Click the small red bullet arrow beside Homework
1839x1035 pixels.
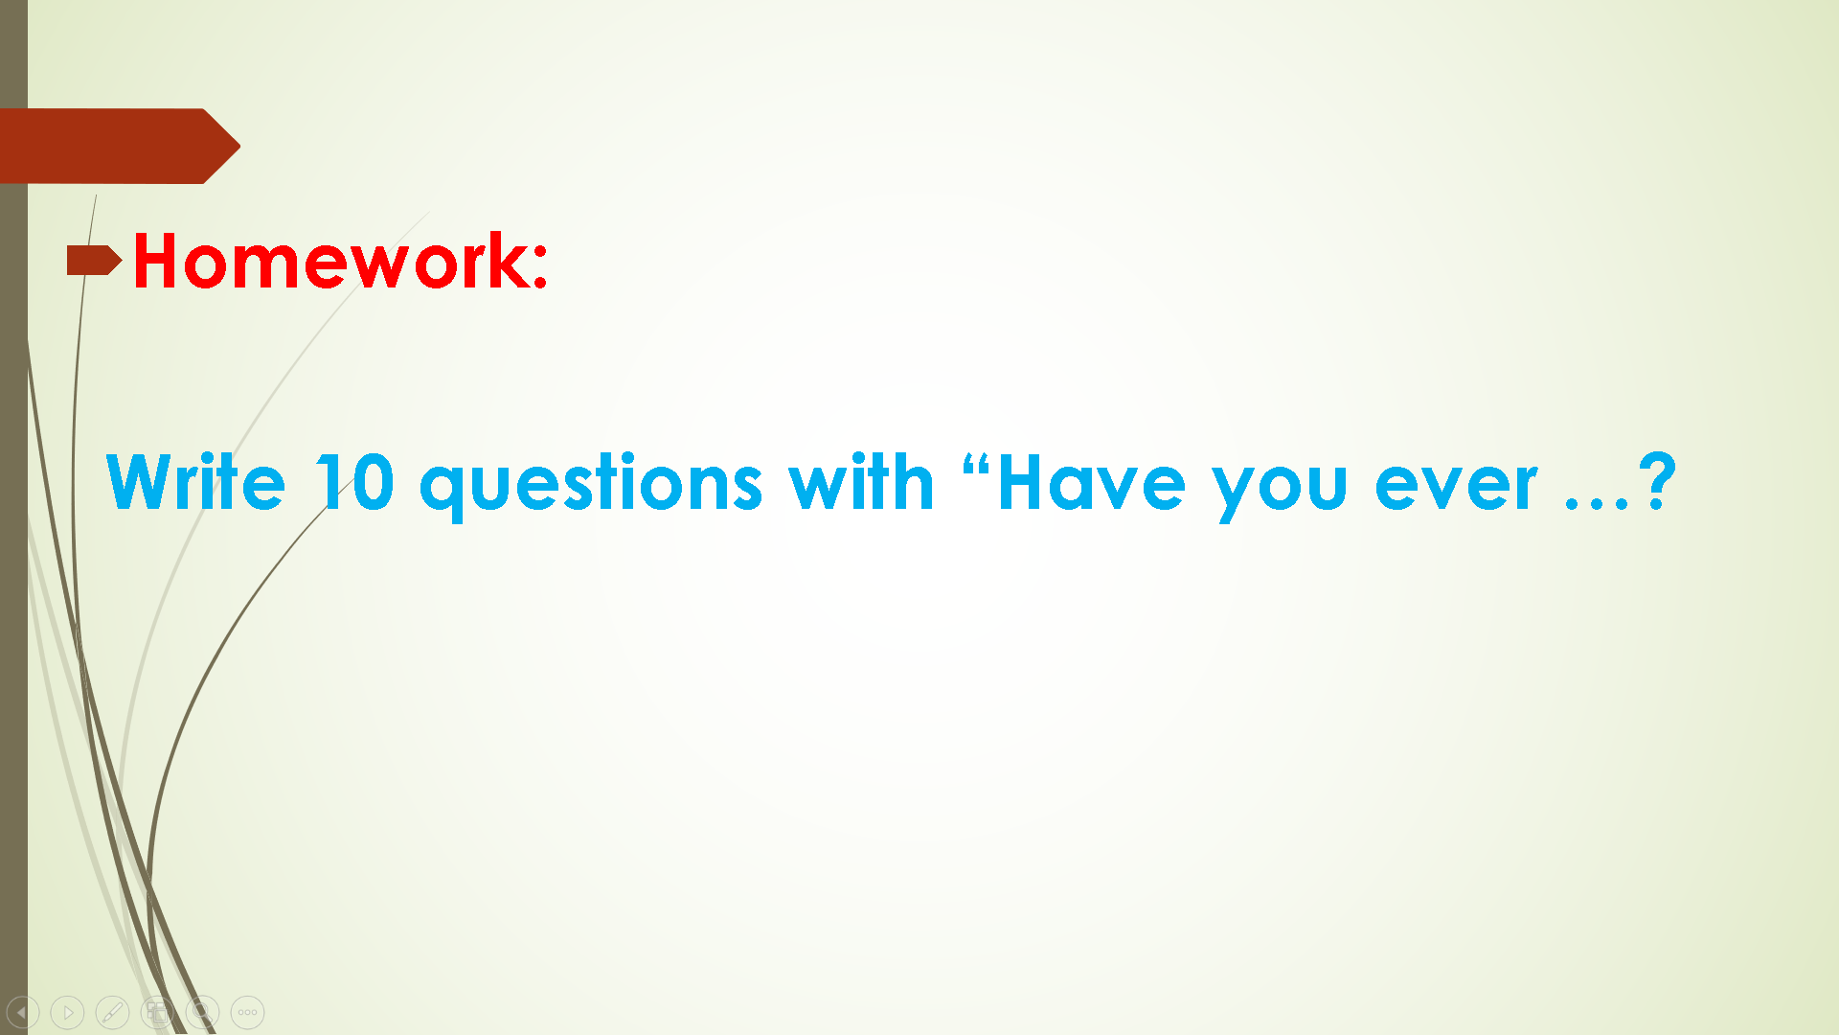pos(94,260)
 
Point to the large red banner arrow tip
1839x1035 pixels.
pos(239,146)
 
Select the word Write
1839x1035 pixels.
pos(195,481)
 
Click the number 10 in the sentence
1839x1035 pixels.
pos(354,481)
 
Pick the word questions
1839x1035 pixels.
pos(591,487)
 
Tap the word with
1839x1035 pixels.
pos(861,481)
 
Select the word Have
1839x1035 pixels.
pos(1091,482)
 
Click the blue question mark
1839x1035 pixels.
pos(1658,481)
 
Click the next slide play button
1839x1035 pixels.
pos(67,1012)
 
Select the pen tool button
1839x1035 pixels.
pos(112,1012)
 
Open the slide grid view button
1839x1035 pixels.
pos(157,1012)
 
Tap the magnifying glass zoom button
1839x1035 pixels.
pos(202,1012)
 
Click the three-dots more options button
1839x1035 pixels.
pos(247,1012)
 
